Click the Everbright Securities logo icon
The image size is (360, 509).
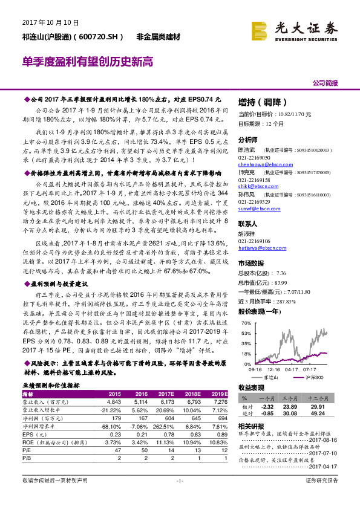click(261, 28)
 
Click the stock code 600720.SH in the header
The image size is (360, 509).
click(99, 37)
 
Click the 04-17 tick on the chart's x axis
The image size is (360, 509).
click(292, 367)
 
